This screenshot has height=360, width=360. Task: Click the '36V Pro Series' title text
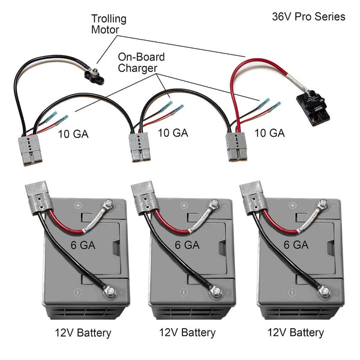point(308,17)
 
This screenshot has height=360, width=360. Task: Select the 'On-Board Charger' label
point(141,62)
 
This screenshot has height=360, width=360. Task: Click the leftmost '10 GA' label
point(73,134)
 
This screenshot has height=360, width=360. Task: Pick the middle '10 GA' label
point(172,133)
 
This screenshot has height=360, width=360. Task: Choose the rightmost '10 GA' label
point(268,133)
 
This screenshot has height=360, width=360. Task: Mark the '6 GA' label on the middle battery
point(187,244)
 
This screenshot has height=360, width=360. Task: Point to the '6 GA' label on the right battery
point(295,244)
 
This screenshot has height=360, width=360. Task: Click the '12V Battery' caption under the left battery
point(82,332)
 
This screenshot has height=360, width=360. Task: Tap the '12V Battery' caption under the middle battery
point(188,332)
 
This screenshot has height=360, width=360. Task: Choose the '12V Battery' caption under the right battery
point(295,332)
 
